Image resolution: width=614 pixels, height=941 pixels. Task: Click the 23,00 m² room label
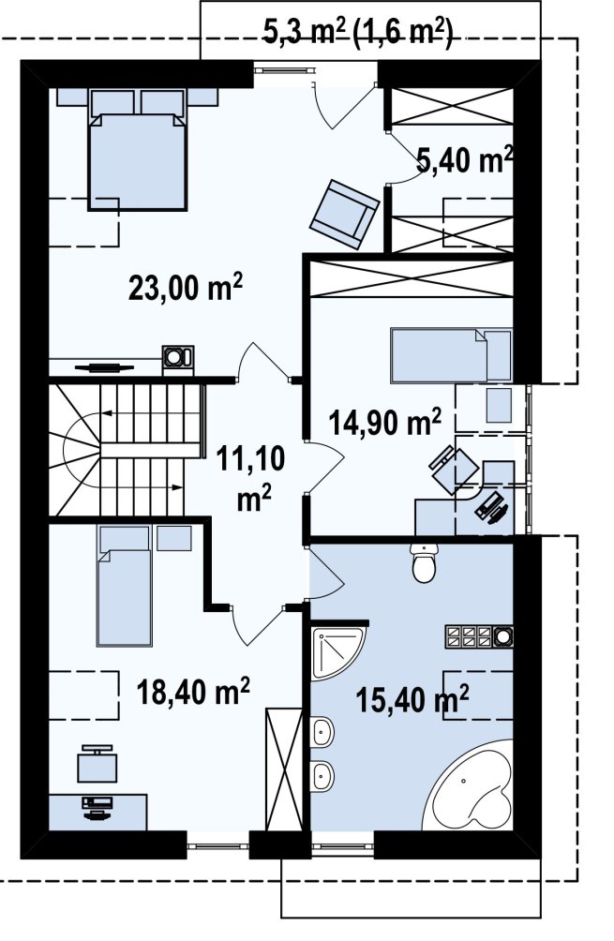tap(186, 288)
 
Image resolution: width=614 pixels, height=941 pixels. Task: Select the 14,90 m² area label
tap(384, 422)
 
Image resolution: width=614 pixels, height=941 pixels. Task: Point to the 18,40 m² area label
tap(193, 692)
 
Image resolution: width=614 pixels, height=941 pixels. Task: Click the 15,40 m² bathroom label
tap(412, 699)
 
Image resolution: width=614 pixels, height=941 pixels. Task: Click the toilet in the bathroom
tap(425, 562)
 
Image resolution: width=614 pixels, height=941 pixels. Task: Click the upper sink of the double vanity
tap(322, 731)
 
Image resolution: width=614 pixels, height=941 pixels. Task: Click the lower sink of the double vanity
tap(322, 775)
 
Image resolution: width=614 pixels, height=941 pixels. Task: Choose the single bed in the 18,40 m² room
tap(124, 586)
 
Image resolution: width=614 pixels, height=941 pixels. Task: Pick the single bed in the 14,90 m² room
tap(451, 355)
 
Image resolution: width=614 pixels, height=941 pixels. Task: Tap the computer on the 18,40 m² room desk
tap(96, 806)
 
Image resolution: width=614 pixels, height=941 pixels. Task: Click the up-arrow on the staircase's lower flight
tap(142, 486)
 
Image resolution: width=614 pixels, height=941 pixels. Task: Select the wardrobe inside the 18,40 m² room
tap(283, 769)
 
